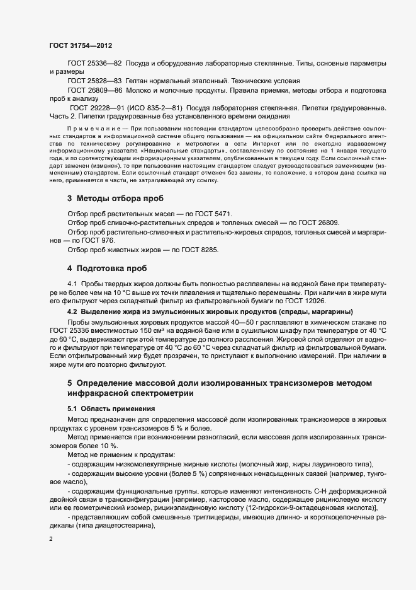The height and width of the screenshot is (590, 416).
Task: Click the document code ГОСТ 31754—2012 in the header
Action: pos(81,45)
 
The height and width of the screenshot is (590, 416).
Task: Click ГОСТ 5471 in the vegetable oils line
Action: pos(207,216)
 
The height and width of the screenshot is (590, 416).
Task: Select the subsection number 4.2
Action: pos(72,311)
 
